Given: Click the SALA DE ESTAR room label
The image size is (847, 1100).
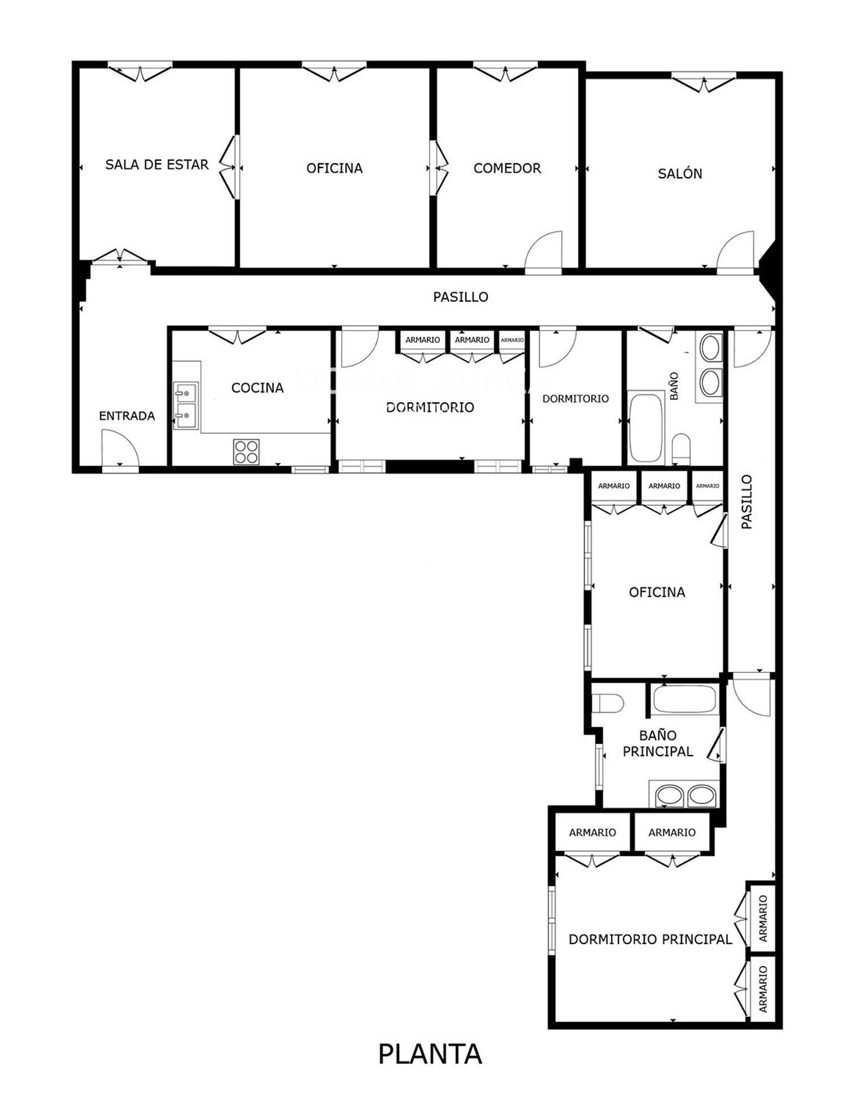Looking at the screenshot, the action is click(157, 165).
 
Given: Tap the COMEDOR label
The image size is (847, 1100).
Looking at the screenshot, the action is click(507, 168).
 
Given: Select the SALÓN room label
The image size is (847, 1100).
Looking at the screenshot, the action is click(680, 173).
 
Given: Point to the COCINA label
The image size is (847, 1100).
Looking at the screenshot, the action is click(257, 388).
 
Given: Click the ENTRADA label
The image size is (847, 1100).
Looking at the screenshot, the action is click(126, 416).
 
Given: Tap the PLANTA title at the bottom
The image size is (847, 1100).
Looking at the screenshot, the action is click(430, 1054).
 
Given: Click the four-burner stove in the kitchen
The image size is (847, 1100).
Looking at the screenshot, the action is click(246, 452).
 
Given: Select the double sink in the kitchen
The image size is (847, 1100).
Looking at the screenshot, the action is click(186, 405).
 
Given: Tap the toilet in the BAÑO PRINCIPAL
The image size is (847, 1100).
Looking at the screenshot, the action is click(609, 704).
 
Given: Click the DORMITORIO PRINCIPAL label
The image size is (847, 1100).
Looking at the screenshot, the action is click(650, 939).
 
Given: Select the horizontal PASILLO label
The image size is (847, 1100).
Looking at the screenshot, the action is click(461, 297).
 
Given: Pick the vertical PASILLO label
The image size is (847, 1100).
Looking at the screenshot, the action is click(746, 502).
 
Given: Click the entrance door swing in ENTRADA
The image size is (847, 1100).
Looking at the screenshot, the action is click(120, 448).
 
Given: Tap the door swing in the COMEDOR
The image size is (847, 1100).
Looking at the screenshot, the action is click(544, 252).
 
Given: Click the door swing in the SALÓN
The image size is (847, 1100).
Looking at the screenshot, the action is click(735, 252).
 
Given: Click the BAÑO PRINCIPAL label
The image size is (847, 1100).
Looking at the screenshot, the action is click(658, 743).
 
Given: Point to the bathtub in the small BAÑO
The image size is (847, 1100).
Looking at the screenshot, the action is click(646, 426).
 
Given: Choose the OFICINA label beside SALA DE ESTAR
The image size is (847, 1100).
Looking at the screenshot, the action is click(334, 168).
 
